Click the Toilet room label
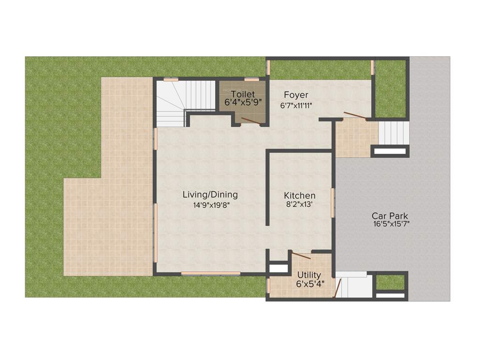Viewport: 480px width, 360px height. pos(243,94)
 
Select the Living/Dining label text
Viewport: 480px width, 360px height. pos(210,195)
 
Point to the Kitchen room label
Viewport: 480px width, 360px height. pos(300,195)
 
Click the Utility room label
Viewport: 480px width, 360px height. pos(309,275)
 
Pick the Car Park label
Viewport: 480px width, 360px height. pos(390,216)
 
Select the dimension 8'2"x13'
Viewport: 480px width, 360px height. pos(300,204)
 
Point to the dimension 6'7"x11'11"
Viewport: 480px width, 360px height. pos(296,106)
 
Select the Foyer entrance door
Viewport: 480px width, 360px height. pos(355,115)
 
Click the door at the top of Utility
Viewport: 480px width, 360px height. pos(300,255)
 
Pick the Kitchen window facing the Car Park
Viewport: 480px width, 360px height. pos(333,202)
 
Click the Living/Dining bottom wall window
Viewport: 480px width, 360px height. pos(210,273)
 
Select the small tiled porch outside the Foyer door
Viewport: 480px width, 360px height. pos(357,138)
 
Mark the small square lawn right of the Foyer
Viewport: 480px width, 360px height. pos(390,89)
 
